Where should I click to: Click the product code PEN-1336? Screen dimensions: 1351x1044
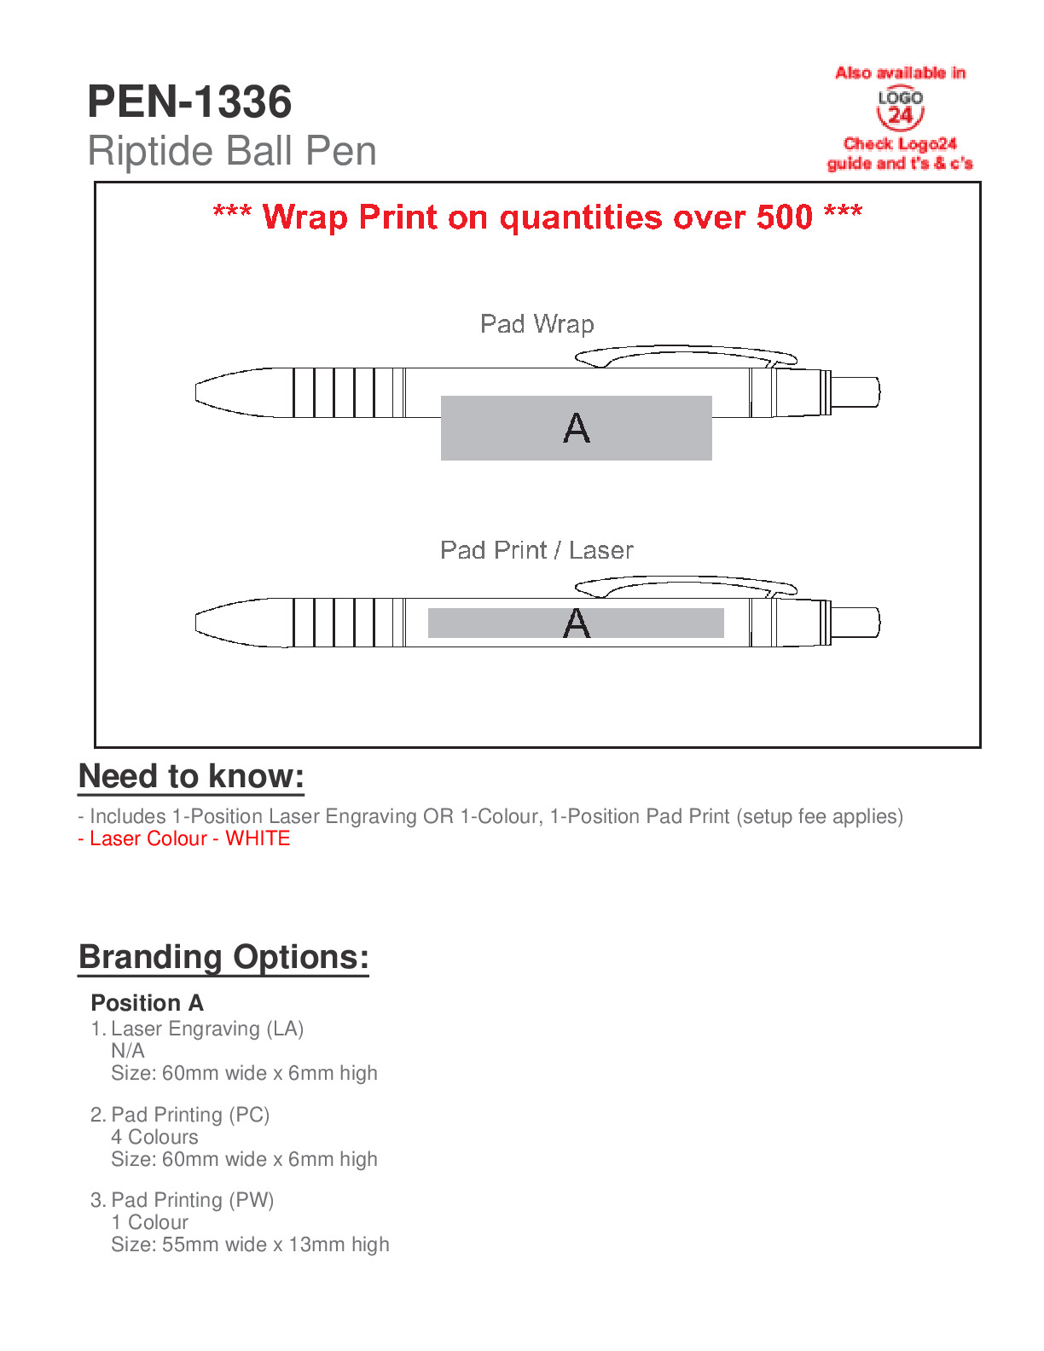[x=189, y=102]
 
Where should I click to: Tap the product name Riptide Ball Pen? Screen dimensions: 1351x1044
[x=232, y=152]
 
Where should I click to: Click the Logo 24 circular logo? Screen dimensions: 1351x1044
[x=900, y=109]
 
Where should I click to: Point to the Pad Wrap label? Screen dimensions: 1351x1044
[x=536, y=324]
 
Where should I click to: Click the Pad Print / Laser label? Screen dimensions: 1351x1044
[x=536, y=550]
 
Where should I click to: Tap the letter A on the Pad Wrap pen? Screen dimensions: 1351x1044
[x=577, y=428]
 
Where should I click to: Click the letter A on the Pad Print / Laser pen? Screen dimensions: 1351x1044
[x=577, y=623]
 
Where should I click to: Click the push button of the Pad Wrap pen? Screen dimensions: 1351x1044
[x=855, y=392]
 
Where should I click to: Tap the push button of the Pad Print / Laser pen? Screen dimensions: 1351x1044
[x=855, y=623]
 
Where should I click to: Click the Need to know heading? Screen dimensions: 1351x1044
[x=191, y=777]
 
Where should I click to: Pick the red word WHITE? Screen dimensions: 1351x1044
[x=258, y=838]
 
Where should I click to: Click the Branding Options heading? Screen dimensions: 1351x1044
[x=223, y=957]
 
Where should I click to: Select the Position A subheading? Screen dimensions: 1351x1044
[x=147, y=1003]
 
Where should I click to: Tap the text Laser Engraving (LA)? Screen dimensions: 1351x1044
[x=207, y=1029]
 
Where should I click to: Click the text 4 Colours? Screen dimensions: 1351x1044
[x=154, y=1137]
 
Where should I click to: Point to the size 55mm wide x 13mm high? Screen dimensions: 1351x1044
[x=250, y=1244]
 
